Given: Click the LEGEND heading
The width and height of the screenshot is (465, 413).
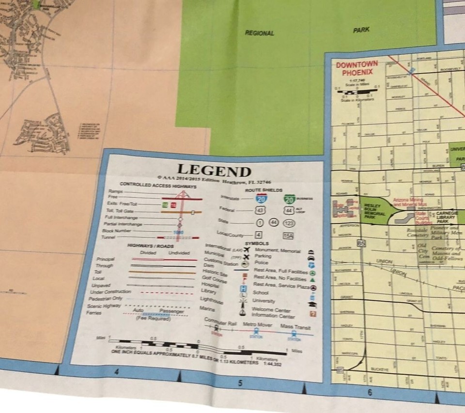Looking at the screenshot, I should [214, 171].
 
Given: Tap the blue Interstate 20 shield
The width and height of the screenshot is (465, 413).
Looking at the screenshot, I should [261, 198].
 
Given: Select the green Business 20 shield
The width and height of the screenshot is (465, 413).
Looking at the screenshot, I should [290, 198].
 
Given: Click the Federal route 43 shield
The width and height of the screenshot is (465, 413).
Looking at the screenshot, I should [260, 210].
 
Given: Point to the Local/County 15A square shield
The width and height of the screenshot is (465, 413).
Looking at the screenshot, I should [288, 236].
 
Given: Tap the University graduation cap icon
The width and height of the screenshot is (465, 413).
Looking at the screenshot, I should [312, 304].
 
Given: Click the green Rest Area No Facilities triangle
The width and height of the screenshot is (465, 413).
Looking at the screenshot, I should [313, 280].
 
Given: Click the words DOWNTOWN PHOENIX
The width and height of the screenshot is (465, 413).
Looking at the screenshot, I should [357, 68].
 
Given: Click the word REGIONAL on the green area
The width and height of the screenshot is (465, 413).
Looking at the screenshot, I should [259, 33].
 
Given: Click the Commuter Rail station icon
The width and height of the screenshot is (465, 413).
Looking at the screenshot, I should [217, 329].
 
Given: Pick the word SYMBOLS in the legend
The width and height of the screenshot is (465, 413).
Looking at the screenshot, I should [257, 243].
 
